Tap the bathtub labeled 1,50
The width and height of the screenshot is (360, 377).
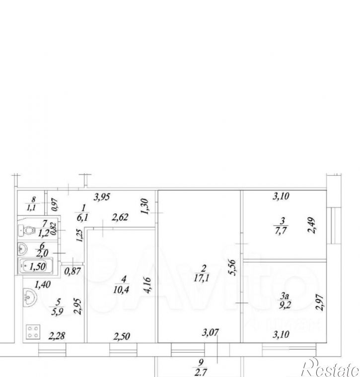point(36,266)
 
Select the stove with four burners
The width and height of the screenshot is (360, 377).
point(33,332)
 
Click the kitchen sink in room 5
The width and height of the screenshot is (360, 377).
point(30,298)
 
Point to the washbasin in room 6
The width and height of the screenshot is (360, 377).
point(23,249)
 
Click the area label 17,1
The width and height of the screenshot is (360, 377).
point(202,278)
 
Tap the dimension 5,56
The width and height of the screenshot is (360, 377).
point(233,267)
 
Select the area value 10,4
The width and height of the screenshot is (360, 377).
point(121,290)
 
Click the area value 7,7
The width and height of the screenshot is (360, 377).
point(281,231)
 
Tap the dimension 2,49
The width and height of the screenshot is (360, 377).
point(312,225)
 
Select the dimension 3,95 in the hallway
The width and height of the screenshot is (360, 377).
point(102,197)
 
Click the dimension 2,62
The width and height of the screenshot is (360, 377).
point(120,217)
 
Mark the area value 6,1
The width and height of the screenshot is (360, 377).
point(82,217)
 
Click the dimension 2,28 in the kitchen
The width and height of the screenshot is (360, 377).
point(57,336)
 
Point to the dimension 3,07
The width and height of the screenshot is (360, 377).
point(211,332)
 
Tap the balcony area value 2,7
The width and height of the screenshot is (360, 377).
point(200,373)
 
